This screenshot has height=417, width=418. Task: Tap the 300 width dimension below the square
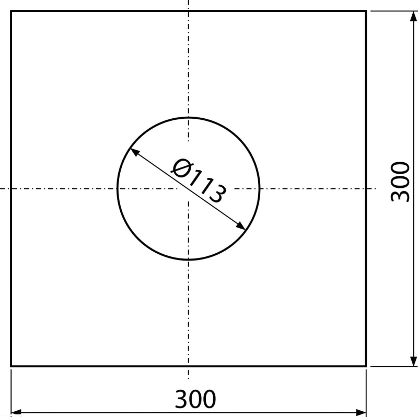click(195, 399)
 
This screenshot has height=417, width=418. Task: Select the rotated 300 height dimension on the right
click(400, 182)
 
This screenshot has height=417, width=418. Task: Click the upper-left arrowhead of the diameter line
click(134, 152)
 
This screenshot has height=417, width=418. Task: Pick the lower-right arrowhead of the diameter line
click(241, 226)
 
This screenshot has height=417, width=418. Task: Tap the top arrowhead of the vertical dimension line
click(413, 16)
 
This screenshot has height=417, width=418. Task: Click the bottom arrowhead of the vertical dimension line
click(413, 361)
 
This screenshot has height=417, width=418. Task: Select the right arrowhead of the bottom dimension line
click(361, 413)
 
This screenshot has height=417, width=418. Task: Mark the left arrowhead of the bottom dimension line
click(16, 413)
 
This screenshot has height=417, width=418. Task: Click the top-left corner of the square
click(11, 11)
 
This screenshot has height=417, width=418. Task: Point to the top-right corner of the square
click(366, 11)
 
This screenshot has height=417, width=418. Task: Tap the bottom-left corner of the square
click(11, 366)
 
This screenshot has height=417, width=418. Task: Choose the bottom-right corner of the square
click(366, 366)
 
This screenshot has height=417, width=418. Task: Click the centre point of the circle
click(189, 188)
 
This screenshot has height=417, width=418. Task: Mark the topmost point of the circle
click(189, 118)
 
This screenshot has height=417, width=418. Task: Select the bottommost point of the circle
click(189, 259)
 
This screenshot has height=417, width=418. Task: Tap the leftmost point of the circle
click(118, 188)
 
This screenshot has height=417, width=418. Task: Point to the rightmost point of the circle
click(259, 188)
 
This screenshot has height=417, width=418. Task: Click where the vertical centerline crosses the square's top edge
click(189, 11)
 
